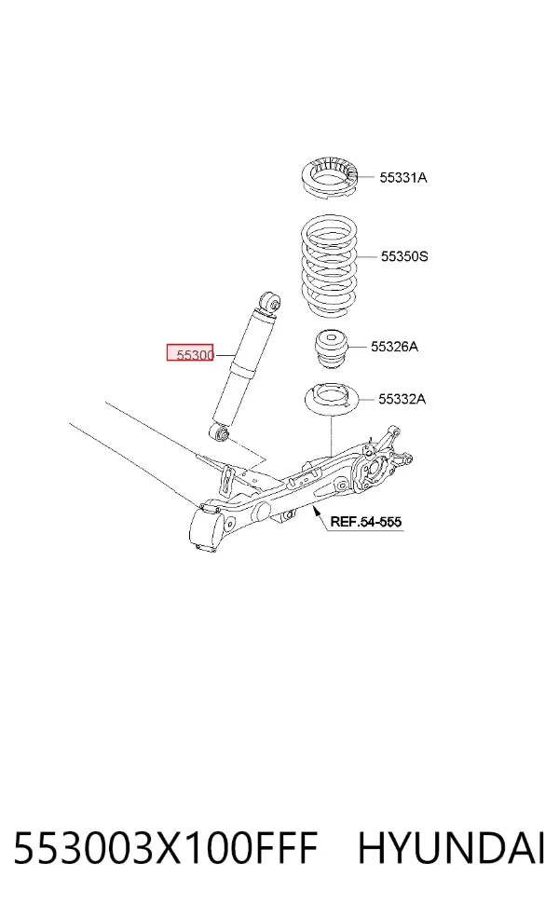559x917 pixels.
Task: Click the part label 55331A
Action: (402, 177)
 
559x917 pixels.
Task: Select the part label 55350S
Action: (404, 256)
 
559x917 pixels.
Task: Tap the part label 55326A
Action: (394, 347)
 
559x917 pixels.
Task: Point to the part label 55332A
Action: (402, 399)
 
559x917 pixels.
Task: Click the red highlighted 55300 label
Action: (191, 352)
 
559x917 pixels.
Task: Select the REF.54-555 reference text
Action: (366, 521)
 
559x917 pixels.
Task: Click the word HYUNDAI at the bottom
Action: (451, 849)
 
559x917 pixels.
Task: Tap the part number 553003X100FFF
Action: (166, 849)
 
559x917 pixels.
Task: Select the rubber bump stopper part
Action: (332, 351)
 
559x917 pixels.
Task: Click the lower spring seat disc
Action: (331, 400)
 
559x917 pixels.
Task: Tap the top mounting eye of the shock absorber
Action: (270, 302)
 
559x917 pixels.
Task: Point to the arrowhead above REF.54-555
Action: (317, 510)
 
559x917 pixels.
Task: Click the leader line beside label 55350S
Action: (367, 256)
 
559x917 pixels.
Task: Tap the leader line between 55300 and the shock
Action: (224, 354)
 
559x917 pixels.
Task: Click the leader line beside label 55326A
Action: (359, 348)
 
